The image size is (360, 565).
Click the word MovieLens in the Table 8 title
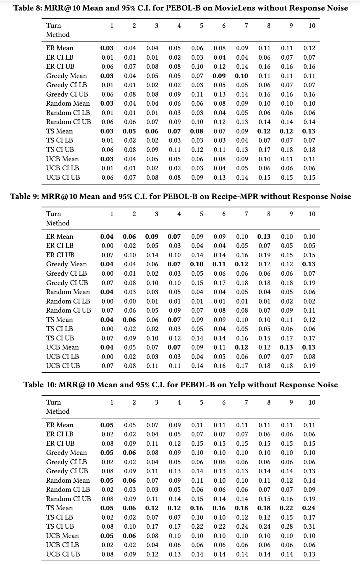[x=234, y=8]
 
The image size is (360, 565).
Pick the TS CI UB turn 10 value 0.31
[x=309, y=526]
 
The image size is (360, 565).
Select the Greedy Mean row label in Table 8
[x=66, y=76]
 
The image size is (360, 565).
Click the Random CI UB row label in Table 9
[x=68, y=310]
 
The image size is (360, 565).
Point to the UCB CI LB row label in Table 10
[x=63, y=545]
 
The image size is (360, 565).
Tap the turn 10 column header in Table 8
[x=312, y=26]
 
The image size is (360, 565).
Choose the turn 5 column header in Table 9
[x=201, y=214]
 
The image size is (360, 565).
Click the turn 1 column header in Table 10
[x=112, y=402]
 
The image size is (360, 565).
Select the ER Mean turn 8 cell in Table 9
[x=264, y=237]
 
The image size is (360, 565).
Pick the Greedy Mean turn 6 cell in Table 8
[x=219, y=76]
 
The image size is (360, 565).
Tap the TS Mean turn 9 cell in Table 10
[x=286, y=508]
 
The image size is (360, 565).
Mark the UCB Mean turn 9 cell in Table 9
[x=286, y=347]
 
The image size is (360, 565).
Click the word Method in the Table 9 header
[x=58, y=223]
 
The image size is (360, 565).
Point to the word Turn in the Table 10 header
[x=53, y=402]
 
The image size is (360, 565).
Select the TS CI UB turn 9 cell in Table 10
[x=287, y=526]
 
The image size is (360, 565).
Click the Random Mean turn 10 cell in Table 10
[x=309, y=480]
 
